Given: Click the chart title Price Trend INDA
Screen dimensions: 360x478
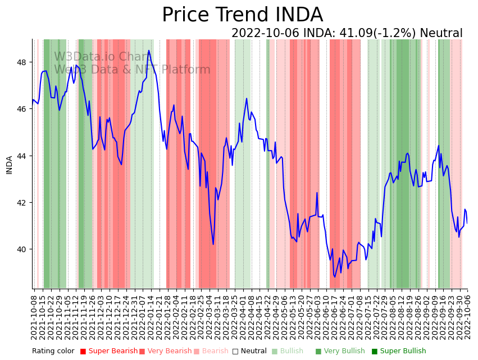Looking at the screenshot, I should [x=242, y=15].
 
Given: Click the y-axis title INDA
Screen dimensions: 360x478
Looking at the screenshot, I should [x=10, y=165].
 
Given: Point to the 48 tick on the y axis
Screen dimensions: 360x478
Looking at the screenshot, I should [x=25, y=62].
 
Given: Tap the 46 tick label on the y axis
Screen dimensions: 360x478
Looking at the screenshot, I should [x=25, y=108].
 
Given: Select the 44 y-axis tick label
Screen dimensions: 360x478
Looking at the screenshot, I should [x=25, y=156].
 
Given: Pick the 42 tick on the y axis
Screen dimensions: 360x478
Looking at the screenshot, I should [x=25, y=202].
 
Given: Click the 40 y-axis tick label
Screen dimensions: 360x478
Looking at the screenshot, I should [x=25, y=249].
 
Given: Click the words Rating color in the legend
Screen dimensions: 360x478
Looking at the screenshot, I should [x=53, y=351].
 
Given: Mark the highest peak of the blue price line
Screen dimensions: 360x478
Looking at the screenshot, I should [x=149, y=51].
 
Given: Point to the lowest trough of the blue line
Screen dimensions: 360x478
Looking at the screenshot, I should [x=335, y=277].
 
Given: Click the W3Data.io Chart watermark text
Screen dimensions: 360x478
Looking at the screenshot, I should [x=101, y=57].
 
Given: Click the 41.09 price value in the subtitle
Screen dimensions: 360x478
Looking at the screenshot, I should [x=351, y=33].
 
